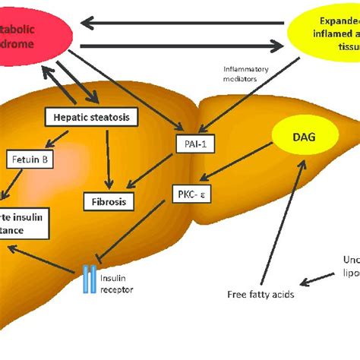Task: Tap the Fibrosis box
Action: [109, 201]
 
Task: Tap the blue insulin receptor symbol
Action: [90, 279]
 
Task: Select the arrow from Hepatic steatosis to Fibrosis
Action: [111, 158]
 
